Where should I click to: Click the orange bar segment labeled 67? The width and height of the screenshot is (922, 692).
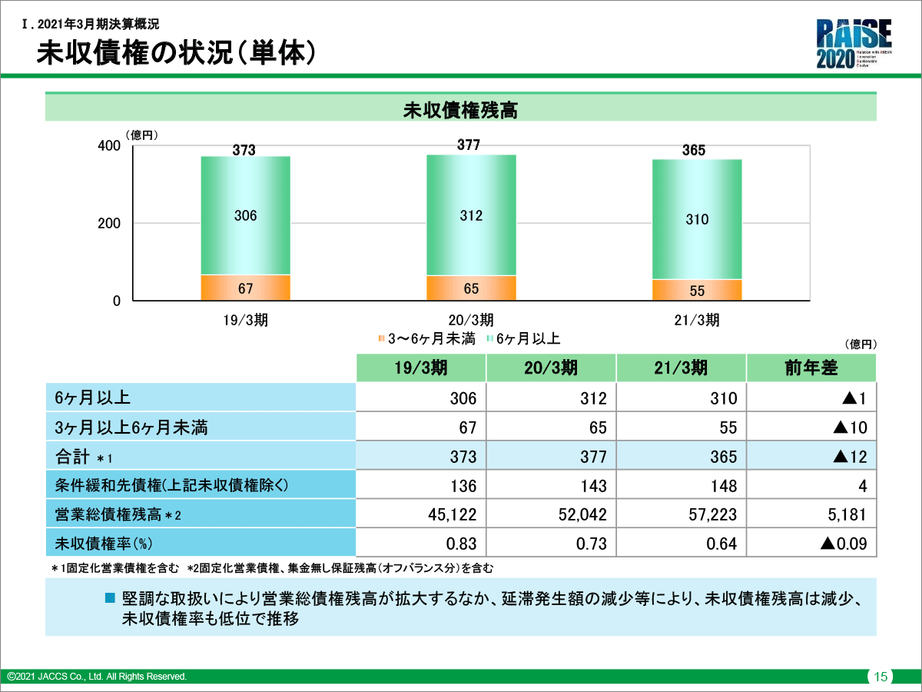click(245, 288)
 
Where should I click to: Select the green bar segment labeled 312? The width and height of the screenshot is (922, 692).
click(471, 215)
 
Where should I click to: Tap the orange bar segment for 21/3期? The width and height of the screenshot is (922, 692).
click(696, 290)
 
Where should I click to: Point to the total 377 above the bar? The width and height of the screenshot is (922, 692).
click(468, 145)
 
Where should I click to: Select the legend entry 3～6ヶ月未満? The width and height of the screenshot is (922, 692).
click(426, 338)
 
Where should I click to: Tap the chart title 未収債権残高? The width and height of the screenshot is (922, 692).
click(460, 111)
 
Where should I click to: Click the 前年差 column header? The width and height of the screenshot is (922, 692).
click(811, 368)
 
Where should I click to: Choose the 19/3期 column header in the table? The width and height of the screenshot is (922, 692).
click(420, 368)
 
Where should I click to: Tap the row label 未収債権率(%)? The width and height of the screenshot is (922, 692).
click(104, 544)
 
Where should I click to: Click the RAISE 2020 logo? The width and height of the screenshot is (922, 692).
click(854, 45)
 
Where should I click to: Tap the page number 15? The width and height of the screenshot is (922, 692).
click(881, 677)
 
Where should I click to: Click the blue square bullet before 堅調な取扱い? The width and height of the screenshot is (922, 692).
click(109, 597)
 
